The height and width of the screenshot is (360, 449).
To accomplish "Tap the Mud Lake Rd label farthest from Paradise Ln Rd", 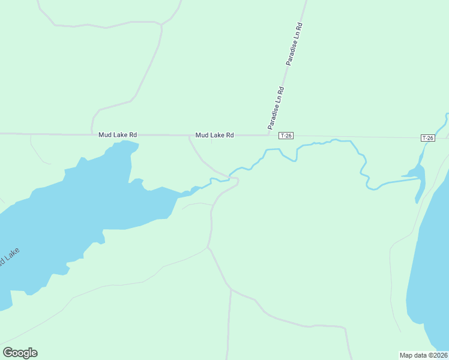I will point(118,135).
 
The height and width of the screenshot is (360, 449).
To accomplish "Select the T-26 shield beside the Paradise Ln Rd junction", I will point(286,136).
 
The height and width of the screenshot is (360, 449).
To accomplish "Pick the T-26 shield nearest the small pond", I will point(427,138).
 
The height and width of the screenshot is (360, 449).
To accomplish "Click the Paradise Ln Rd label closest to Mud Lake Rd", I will point(276,107).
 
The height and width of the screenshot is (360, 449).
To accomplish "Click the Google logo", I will point(20,353).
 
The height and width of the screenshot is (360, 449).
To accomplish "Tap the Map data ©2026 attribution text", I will point(424,355).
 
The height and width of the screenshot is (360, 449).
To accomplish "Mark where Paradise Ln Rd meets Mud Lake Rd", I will point(269,135).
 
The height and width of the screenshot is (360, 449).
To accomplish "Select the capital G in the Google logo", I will point(8,353).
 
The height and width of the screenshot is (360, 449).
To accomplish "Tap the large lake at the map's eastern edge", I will point(432,264).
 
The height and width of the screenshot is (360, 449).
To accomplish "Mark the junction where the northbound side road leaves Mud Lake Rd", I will point(91,134).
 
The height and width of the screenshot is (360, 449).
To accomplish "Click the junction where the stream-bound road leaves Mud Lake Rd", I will point(190,136).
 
